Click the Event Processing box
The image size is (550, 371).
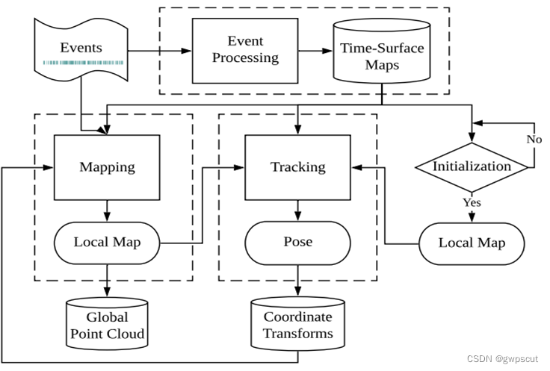245,51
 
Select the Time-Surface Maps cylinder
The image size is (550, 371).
382,51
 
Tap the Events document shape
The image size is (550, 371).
81,49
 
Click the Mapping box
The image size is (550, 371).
107,167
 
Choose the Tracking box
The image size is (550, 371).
298,167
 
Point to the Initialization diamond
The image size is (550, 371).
472,167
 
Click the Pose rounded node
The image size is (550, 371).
298,243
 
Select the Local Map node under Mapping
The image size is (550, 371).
107,243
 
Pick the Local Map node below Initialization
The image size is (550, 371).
472,243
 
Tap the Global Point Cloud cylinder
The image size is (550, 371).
107,324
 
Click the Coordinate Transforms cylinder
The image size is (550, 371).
298,324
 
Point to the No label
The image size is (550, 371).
534,139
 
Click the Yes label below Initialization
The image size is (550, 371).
472,202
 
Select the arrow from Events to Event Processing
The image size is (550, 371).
160,51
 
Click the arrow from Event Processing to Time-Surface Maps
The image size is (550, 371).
315,51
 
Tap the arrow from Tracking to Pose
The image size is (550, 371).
298,211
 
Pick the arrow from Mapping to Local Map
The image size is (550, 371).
107,211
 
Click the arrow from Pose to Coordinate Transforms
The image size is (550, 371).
298,281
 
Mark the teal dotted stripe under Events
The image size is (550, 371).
83,63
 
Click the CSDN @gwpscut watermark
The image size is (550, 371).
502,359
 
